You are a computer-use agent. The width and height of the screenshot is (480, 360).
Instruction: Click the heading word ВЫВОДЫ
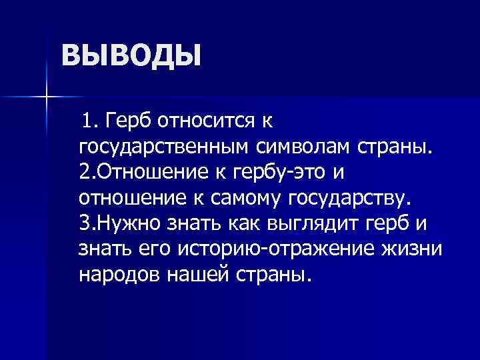pyautogui.click(x=131, y=55)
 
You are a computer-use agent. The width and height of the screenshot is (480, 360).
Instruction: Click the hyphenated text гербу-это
pyautogui.click(x=282, y=172)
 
